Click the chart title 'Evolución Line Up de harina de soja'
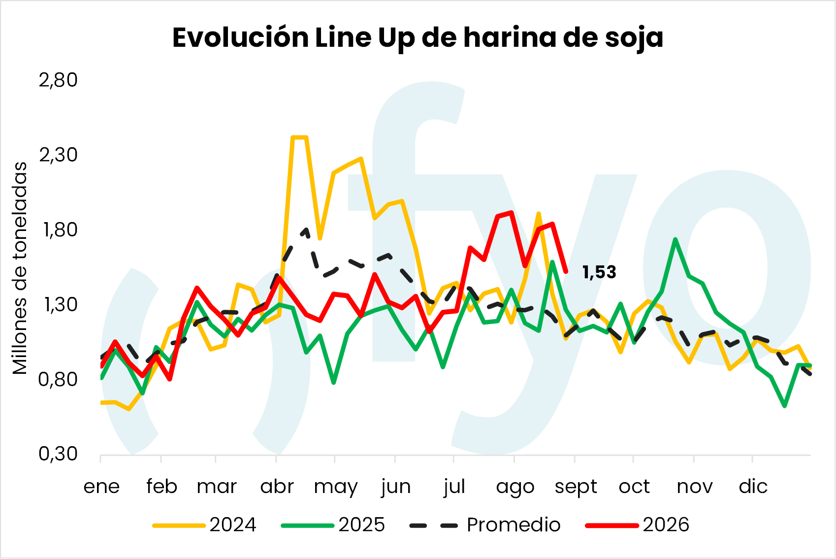418,38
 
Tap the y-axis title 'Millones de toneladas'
20,268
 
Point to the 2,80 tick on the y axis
58,80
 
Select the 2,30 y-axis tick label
58,155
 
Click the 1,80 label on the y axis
60,230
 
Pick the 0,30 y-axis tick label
58,454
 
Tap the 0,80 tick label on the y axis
58,379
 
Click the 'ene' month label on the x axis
101,487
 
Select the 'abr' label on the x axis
277,486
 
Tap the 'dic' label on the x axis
753,486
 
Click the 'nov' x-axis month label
695,487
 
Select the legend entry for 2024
204,525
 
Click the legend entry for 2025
333,525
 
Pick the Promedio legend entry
485,525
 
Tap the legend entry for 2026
637,525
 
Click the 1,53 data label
599,272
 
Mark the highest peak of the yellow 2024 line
300,137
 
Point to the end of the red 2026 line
567,272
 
